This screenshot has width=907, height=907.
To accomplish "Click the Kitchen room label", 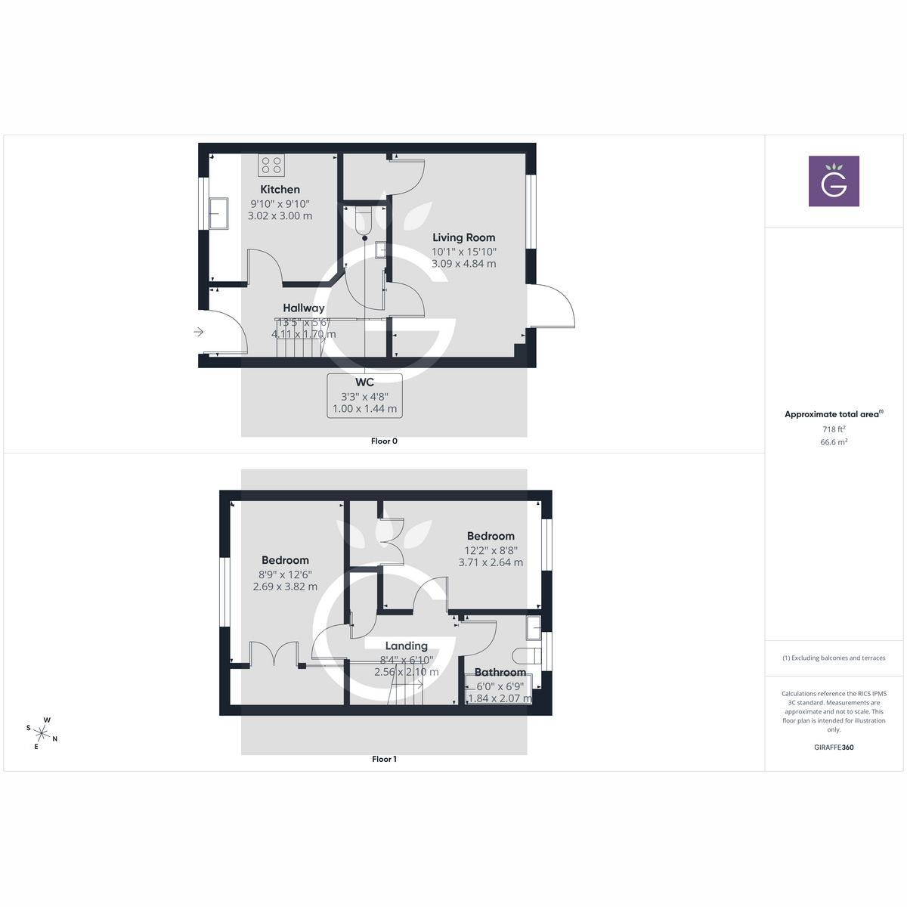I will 280,190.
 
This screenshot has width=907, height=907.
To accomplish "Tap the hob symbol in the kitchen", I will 271,165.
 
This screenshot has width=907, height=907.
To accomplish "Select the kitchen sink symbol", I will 218,213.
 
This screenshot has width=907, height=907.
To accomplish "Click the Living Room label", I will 463,237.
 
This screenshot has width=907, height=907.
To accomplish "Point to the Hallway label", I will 304,308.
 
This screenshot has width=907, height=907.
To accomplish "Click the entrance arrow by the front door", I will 199,332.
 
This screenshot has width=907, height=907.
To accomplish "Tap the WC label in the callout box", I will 364,382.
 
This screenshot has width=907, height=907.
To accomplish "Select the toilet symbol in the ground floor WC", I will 364,219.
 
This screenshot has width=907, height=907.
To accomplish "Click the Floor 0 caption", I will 384,441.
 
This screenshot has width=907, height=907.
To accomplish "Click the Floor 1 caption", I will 384,759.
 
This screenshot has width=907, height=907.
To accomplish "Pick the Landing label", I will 406,645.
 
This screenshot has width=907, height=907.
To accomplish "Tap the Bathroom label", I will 500,672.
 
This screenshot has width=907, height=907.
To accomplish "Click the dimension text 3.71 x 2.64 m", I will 491,562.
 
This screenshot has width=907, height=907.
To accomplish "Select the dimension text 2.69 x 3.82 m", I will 285,587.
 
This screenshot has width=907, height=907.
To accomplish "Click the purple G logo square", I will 834,181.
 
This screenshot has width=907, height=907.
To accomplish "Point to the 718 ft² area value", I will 834,429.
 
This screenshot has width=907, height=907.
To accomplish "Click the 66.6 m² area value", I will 834,442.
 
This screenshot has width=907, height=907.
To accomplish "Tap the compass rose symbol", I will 42,732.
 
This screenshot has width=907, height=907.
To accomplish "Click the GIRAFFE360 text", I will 834,748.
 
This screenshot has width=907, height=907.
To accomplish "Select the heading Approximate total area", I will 832,414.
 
